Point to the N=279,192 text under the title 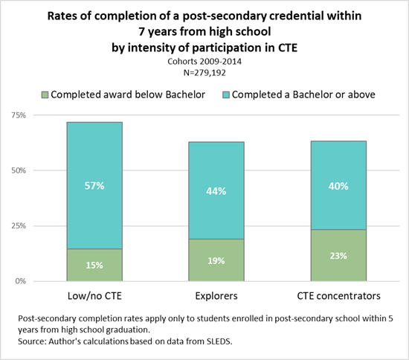coord(204,74)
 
